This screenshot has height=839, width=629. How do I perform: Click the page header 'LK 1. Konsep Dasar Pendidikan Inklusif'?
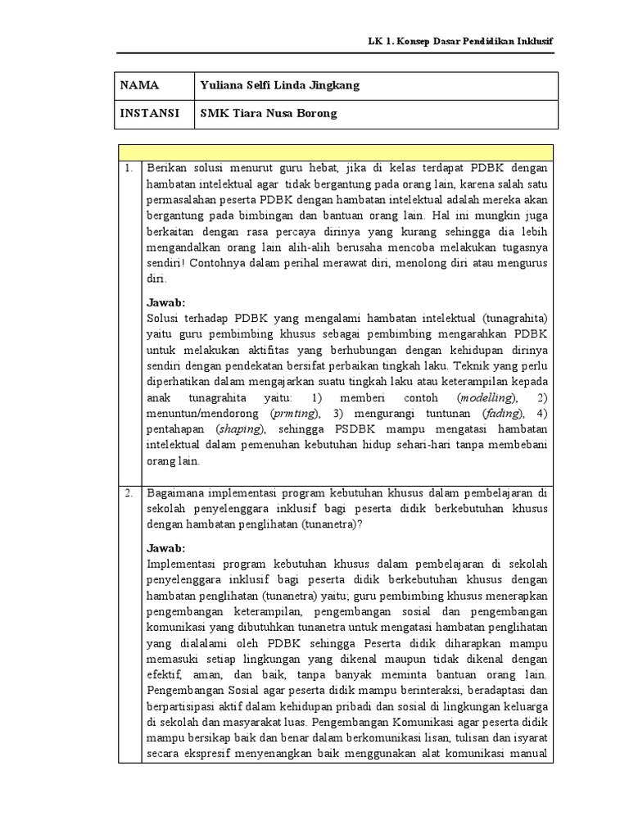tap(459, 41)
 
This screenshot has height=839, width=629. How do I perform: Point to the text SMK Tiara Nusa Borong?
tap(269, 114)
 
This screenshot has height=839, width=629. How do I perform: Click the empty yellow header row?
tap(335, 152)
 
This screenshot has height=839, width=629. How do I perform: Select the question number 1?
tap(129, 168)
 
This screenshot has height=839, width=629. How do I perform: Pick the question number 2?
tap(129, 493)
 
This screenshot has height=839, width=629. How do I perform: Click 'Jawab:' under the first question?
tap(166, 302)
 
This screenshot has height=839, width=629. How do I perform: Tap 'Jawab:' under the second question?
tap(166, 548)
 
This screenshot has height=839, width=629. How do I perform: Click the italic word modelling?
tap(486, 397)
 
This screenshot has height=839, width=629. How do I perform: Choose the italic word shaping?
tap(240, 429)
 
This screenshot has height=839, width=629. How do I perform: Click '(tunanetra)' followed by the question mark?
tap(316, 524)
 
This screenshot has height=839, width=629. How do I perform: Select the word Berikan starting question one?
tap(166, 168)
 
